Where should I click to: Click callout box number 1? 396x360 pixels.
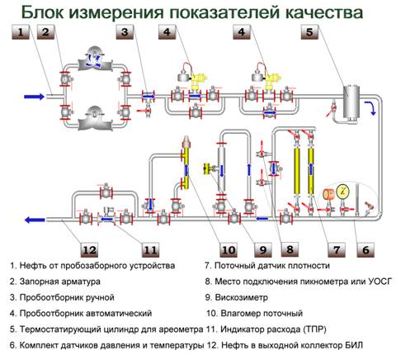click(21, 32)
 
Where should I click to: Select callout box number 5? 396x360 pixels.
click(309, 32)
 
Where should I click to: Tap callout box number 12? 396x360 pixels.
click(89, 249)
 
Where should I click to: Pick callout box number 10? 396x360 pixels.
click(229, 249)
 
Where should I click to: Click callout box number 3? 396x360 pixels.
click(125, 32)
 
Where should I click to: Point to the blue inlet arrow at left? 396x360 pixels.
click(34, 97)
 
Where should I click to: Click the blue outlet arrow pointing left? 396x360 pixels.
click(35, 220)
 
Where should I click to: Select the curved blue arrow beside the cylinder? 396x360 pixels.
click(370, 108)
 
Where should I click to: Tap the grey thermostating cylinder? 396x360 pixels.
click(351, 102)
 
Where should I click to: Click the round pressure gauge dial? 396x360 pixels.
click(342, 191)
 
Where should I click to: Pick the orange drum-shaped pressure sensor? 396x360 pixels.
click(328, 194)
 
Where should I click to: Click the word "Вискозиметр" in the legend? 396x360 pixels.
click(241, 297)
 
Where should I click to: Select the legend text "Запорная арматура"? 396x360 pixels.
click(60, 282)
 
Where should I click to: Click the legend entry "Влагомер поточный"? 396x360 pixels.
click(262, 313)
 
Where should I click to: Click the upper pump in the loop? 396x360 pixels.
click(95, 59)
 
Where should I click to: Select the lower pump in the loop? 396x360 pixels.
click(95, 119)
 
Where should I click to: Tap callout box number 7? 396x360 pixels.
click(337, 249)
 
